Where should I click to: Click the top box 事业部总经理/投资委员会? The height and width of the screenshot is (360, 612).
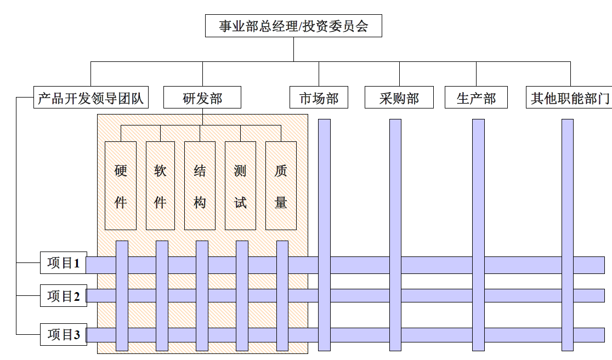tap(293, 26)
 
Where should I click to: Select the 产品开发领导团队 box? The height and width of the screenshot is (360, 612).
tap(90, 98)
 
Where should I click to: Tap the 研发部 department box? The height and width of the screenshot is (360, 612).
tap(202, 98)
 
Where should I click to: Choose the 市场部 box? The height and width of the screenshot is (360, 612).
tap(319, 98)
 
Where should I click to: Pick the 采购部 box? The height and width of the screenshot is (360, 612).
tap(399, 98)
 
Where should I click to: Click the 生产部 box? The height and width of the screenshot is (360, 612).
tap(476, 98)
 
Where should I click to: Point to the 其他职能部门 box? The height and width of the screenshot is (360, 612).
tap(569, 98)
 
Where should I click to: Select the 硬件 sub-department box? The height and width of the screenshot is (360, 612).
tap(121, 186)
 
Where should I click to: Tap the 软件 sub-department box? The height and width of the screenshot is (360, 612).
tap(160, 186)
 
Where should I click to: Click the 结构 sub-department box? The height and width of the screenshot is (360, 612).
tap(200, 186)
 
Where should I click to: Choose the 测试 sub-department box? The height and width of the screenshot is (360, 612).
tap(240, 186)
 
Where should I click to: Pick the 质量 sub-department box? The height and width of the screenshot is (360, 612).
tap(281, 186)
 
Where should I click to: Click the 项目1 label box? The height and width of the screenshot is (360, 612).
tap(64, 263)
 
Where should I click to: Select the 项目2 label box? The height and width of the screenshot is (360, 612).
tap(64, 296)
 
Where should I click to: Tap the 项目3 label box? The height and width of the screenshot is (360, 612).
tap(64, 335)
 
